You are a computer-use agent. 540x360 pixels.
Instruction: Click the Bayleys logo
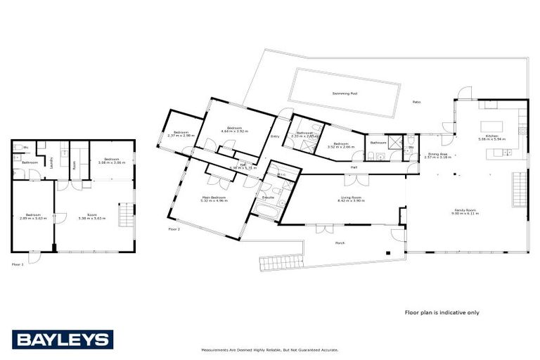63,340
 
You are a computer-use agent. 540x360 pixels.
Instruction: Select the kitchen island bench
492,127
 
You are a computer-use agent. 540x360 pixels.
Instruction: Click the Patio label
416,103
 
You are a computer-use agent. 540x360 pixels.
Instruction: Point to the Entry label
275,136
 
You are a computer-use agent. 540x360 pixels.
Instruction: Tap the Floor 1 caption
18,264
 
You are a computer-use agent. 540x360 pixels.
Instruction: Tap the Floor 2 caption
174,229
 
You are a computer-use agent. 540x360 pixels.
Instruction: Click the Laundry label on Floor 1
52,162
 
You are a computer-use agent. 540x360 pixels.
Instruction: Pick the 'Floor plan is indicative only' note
442,312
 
